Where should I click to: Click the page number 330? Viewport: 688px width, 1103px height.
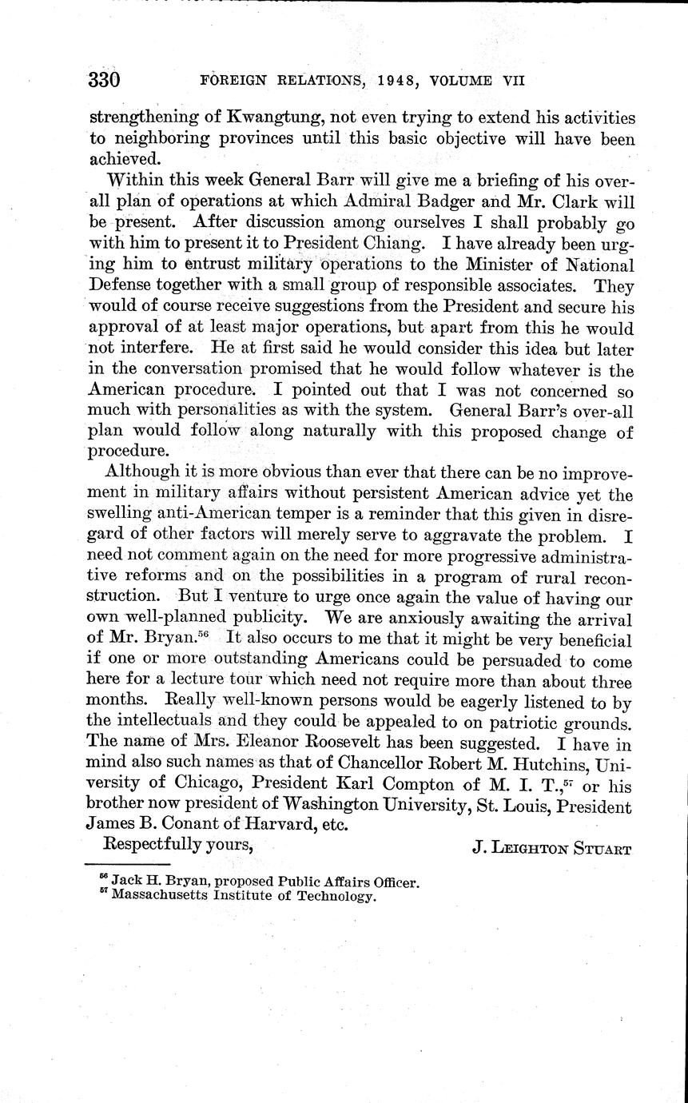pos(104,80)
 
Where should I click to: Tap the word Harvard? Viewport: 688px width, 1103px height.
pos(285,829)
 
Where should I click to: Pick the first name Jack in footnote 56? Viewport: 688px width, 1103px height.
pos(129,882)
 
